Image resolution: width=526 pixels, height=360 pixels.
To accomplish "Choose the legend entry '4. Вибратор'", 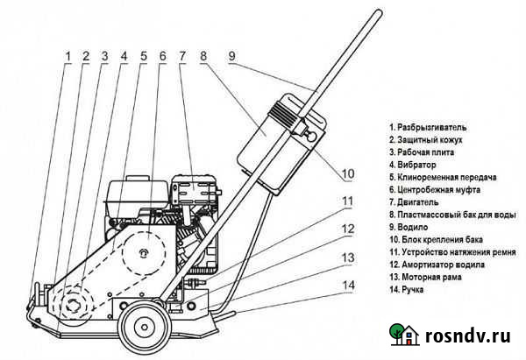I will (x=416, y=164).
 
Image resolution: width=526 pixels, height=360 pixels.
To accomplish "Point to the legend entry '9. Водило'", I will (x=412, y=225).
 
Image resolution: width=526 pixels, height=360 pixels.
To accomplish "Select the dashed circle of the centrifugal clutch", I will (x=140, y=253).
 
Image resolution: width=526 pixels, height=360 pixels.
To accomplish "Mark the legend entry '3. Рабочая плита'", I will (x=424, y=152).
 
